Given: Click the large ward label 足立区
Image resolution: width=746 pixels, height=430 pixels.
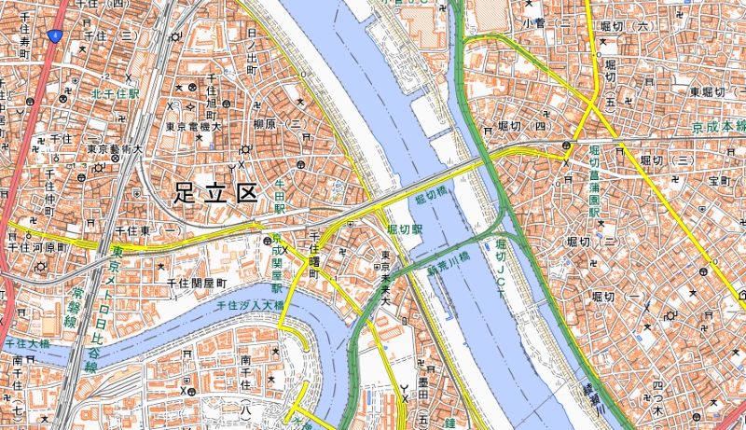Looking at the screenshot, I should (214, 193).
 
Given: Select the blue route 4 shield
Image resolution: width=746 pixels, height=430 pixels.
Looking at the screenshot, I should (56, 35).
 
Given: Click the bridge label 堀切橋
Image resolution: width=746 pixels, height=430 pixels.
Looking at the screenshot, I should (431, 198).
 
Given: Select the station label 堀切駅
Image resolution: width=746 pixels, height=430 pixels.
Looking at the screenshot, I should (406, 228).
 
